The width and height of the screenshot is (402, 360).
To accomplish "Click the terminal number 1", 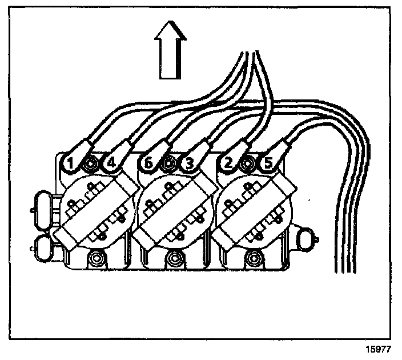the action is point(70,164).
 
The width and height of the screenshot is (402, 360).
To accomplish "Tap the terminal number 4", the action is point(111,164).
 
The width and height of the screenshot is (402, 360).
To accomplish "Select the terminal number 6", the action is point(149,164).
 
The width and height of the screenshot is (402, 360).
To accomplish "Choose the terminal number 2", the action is point(228,164).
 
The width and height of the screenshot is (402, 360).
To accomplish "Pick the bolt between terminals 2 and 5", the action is point(248,165).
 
